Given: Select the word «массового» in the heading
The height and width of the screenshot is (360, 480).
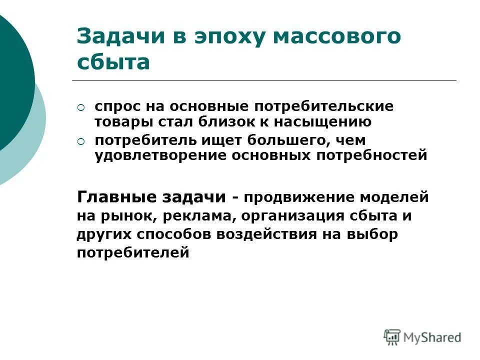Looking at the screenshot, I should (x=334, y=38).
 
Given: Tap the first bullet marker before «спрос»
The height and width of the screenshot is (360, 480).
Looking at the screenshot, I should (x=81, y=107).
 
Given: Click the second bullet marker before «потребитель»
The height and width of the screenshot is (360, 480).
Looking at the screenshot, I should (x=81, y=142).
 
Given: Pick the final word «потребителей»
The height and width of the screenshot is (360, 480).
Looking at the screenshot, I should (x=133, y=253).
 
